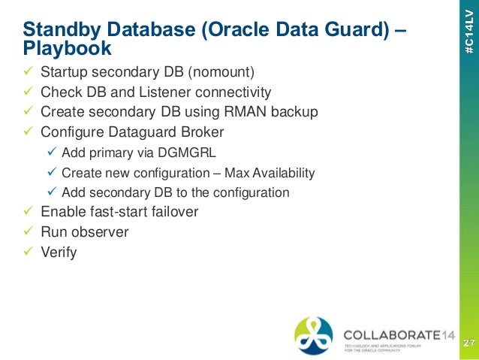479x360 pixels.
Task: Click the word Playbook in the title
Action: (x=67, y=49)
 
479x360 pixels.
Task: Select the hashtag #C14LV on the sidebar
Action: (x=468, y=35)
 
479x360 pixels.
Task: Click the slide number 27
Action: (x=468, y=343)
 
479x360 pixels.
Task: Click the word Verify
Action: (x=59, y=252)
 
